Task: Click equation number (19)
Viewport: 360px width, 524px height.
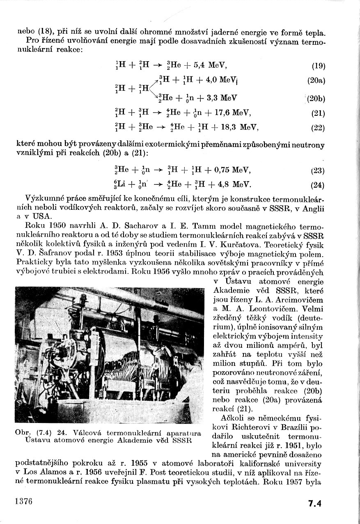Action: [318, 66]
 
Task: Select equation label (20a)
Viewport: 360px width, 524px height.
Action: [316, 81]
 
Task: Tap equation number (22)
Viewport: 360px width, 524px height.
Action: [318, 128]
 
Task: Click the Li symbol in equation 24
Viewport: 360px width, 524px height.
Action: [120, 185]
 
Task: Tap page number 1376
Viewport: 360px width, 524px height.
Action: [23, 502]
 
